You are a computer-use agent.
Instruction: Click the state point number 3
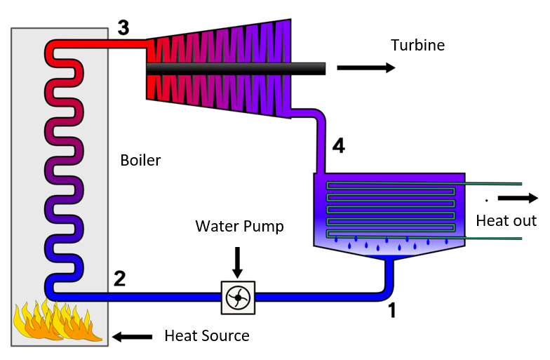(x=123, y=29)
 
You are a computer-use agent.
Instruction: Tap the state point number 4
(x=338, y=147)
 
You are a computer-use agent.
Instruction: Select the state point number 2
(x=120, y=279)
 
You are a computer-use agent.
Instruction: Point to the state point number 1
(x=391, y=309)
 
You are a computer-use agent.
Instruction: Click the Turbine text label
(x=417, y=46)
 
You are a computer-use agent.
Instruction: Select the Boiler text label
(x=140, y=161)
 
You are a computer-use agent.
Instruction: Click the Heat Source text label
(x=206, y=335)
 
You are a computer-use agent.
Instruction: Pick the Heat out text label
(x=506, y=221)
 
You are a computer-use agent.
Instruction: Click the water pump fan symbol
(x=238, y=298)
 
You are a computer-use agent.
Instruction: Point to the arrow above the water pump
(x=237, y=261)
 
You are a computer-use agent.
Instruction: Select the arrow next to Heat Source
(x=133, y=337)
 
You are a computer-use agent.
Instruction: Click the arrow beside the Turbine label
(x=365, y=68)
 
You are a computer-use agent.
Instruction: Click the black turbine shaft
(x=235, y=68)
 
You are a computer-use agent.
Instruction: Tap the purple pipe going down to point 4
(x=321, y=140)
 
